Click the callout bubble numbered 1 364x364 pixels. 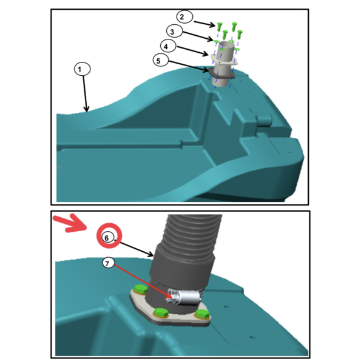[x=82, y=69]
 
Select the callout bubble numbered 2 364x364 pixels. [x=184, y=17]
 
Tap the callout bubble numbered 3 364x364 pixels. [x=174, y=31]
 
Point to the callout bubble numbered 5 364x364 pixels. [x=161, y=60]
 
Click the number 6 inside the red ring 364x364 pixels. [x=107, y=238]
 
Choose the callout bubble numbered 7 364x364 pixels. [x=109, y=263]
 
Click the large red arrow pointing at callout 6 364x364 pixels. [x=70, y=223]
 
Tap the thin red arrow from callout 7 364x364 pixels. [x=143, y=281]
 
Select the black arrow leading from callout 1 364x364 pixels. [x=85, y=94]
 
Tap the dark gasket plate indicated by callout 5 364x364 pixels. [x=221, y=74]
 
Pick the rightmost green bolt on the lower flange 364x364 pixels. [x=202, y=314]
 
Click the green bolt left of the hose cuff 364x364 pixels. [x=141, y=289]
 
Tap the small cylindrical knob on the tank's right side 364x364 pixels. [x=264, y=120]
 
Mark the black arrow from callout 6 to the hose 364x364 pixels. [x=134, y=248]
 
